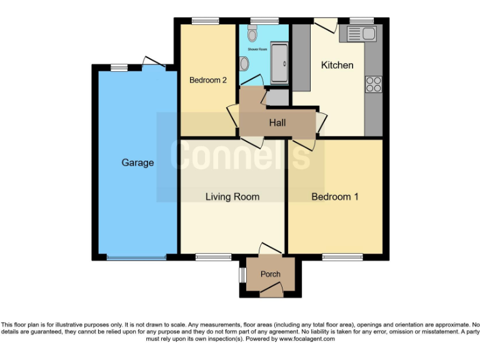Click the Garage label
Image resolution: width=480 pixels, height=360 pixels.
(137, 162)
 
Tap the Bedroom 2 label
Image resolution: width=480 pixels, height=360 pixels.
(207, 80)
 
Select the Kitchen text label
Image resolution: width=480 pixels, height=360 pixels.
(337, 65)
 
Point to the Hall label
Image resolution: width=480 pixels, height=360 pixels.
(277, 122)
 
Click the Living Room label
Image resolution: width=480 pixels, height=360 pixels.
(232, 197)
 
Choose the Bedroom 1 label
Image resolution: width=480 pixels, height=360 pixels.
(335, 197)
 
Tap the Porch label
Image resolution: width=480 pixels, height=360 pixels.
(270, 274)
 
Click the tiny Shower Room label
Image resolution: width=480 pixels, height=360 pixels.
(257, 48)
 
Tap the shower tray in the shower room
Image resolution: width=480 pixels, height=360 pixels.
(279, 63)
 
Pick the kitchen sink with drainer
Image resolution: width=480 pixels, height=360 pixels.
(357, 34)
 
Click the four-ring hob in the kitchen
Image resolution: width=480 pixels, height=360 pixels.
(374, 84)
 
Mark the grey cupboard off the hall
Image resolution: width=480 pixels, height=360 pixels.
(277, 97)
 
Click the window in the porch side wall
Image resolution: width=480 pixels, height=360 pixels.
(241, 274)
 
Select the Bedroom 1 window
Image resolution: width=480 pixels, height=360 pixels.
(342, 257)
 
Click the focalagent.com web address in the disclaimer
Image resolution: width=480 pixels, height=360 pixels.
(307, 339)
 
